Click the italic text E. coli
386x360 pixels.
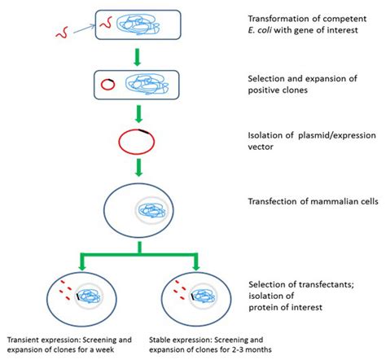pyautogui.click(x=259, y=32)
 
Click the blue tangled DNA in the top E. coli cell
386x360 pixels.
pyautogui.click(x=130, y=24)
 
